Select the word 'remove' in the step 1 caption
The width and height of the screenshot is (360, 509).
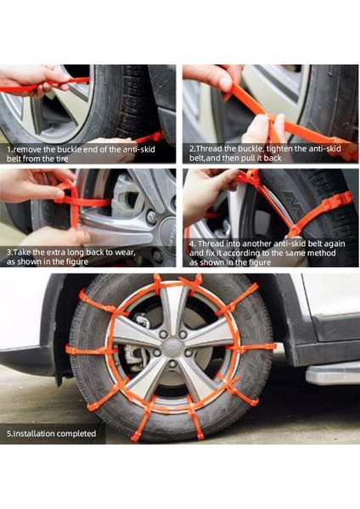point(27,148)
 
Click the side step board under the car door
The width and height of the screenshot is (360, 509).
point(331,373)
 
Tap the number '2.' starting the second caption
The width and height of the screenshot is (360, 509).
point(192,148)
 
